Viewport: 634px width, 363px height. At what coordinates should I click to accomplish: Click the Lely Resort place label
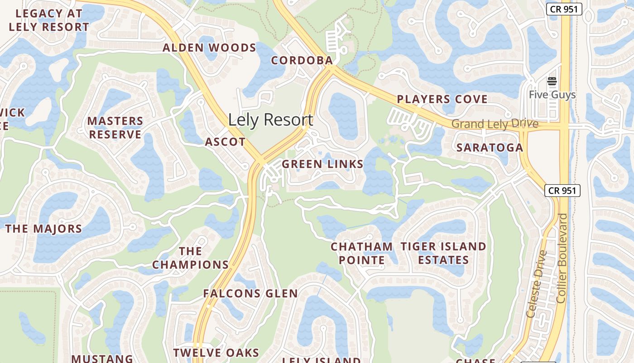pos(270,120)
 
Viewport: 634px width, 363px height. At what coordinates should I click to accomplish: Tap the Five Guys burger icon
pos(552,82)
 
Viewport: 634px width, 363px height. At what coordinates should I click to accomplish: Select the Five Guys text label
pos(552,95)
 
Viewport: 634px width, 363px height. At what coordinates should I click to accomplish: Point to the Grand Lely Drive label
pos(495,124)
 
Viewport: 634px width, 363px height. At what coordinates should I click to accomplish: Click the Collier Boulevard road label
pos(562,258)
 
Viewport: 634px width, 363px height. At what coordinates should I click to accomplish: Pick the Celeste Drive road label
pos(537,284)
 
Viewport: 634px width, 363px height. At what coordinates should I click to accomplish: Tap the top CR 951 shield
pos(564,9)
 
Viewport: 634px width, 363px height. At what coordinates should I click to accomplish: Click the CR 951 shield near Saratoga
pos(562,191)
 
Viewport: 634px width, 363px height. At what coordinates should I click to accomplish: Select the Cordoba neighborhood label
pos(302,60)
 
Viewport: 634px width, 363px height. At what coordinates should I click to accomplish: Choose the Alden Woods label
pos(209,48)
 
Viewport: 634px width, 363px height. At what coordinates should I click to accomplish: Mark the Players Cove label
pos(442,99)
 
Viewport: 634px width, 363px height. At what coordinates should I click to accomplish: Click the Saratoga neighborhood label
pos(490,147)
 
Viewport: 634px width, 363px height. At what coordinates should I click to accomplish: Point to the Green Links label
pos(322,164)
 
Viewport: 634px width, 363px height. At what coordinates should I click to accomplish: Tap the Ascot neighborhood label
pos(225,142)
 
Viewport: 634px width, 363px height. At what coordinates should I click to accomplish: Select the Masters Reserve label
pos(115,128)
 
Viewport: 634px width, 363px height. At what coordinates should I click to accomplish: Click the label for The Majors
pos(43,228)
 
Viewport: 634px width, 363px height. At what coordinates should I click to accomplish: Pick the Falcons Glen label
pos(250,294)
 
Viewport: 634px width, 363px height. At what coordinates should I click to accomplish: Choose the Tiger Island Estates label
pos(443,253)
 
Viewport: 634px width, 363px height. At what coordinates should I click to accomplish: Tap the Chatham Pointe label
pos(361,253)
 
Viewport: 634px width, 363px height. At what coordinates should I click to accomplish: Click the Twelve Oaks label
pos(216,353)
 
